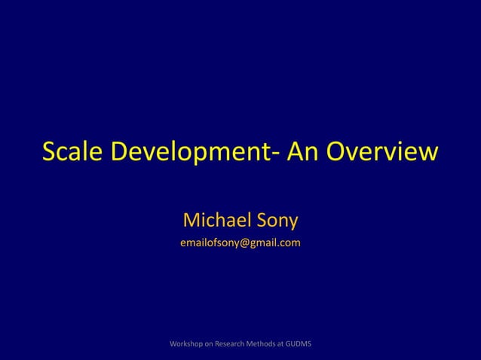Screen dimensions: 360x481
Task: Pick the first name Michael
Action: [219, 221]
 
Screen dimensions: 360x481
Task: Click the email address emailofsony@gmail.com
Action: [240, 243]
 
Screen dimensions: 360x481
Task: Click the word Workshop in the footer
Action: [188, 344]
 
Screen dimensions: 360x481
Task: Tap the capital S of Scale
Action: [50, 152]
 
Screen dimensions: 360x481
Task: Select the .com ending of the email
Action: [290, 243]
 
